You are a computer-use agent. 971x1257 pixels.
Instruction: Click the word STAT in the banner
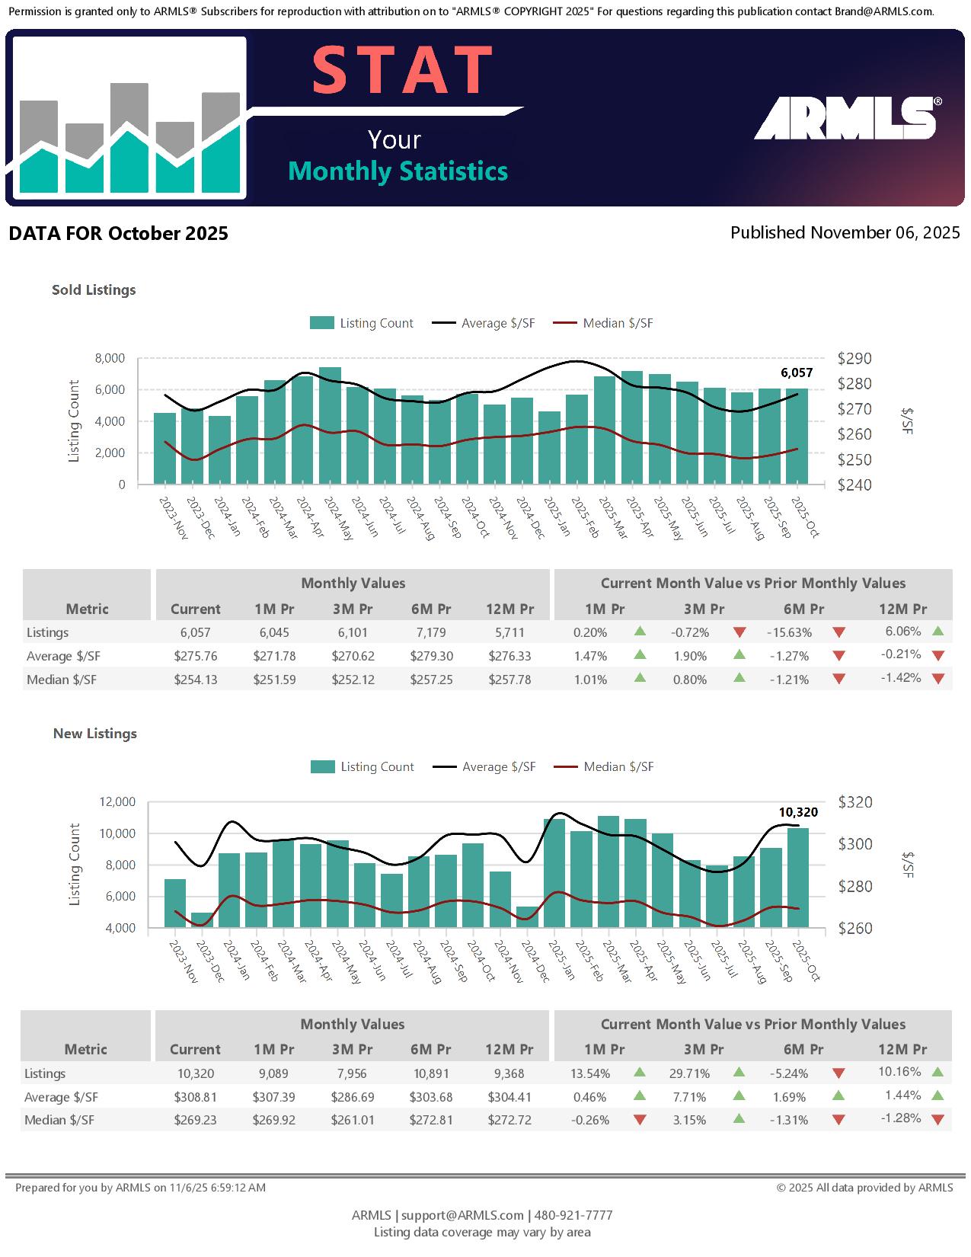402,71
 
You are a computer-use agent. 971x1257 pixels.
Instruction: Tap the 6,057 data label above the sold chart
797,373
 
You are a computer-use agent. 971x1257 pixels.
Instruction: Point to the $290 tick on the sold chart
854,358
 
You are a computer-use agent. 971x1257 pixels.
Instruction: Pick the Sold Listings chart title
94,289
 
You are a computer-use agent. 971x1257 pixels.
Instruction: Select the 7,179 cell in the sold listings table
431,632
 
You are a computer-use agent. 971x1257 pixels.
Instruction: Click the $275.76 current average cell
195,656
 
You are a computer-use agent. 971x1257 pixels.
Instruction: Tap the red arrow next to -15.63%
838,632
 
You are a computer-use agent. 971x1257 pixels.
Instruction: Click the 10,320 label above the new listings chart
797,812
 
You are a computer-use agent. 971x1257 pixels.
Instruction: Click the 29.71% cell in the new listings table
689,1073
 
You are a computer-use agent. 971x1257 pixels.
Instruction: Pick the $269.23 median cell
195,1120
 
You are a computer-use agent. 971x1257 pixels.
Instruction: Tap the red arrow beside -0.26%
640,1120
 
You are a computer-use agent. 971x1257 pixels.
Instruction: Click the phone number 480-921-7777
573,1215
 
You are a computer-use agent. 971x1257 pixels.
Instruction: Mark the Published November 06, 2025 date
845,232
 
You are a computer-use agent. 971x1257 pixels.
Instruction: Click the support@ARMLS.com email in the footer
462,1215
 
